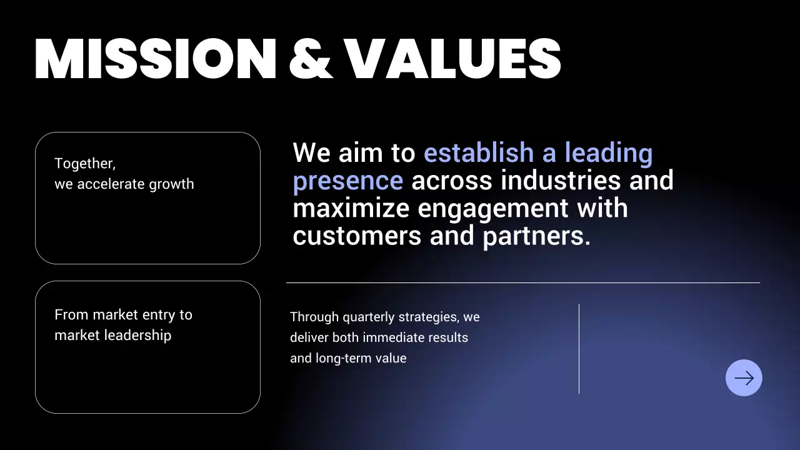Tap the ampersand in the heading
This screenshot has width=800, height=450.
[x=310, y=59]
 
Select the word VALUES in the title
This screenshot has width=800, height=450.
[x=453, y=59]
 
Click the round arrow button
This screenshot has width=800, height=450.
[x=744, y=377]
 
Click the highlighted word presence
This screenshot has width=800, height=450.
[x=347, y=181]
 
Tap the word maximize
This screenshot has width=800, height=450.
[x=351, y=208]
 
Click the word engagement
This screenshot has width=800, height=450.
[x=493, y=208]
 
